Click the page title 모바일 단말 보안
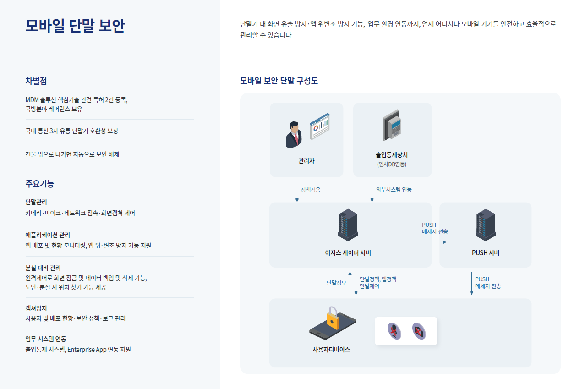(x=75, y=26)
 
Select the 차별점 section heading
(x=36, y=81)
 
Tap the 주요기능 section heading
(x=40, y=184)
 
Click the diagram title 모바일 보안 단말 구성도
(x=279, y=81)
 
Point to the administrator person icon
(x=294, y=134)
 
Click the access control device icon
(x=392, y=125)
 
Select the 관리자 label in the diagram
(x=306, y=161)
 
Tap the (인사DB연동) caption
(x=392, y=164)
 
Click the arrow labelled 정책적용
(x=297, y=190)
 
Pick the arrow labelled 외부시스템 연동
(x=372, y=190)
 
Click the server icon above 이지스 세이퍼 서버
(x=348, y=225)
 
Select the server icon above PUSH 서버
(x=486, y=225)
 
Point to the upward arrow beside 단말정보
(x=350, y=283)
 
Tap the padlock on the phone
(x=333, y=319)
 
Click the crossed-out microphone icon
(x=394, y=330)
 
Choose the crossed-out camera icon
(x=419, y=330)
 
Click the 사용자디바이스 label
(x=331, y=350)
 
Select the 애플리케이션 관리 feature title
(x=48, y=235)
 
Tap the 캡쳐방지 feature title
(x=36, y=308)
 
